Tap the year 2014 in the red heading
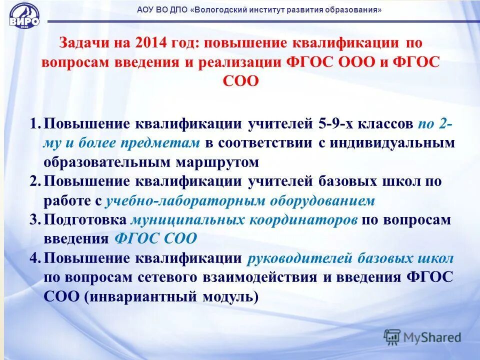[x=149, y=43]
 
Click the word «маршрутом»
[x=217, y=162]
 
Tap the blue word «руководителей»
[x=300, y=258]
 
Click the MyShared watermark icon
[x=392, y=336]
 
